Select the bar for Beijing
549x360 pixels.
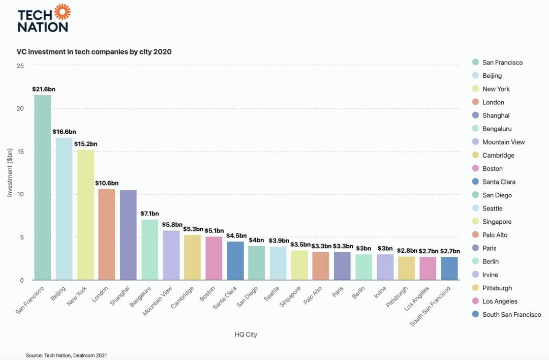64,208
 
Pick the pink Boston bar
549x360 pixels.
213,258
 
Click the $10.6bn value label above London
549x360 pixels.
107,183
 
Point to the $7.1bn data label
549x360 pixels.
149,214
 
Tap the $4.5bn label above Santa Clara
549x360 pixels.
235,236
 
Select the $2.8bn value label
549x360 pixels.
407,251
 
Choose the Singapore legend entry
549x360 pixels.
497,222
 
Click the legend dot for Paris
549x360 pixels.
475,248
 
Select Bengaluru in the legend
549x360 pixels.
497,129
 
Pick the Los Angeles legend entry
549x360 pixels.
500,301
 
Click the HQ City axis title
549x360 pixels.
246,334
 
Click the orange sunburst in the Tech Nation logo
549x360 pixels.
62,11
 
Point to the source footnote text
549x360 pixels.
67,355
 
